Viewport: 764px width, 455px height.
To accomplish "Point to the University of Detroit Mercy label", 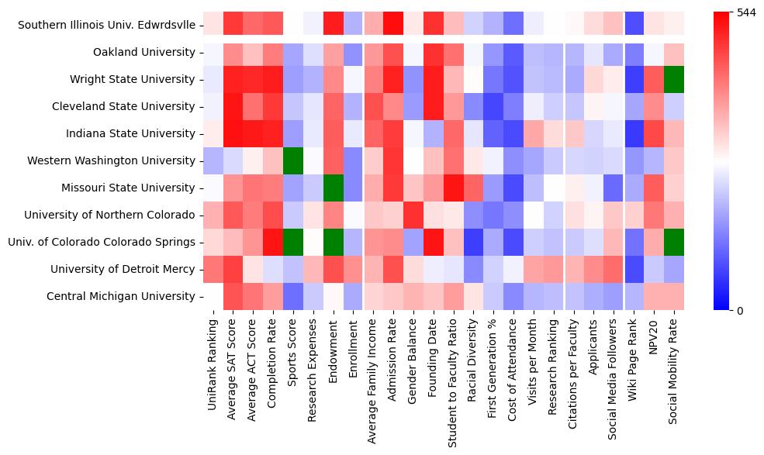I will [x=123, y=269].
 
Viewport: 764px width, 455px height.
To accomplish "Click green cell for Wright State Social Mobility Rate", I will [x=676, y=80].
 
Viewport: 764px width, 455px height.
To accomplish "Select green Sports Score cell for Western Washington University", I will [x=293, y=160].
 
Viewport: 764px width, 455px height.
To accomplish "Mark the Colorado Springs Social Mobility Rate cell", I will [x=676, y=242].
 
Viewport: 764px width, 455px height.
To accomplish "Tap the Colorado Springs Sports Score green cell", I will [x=293, y=242].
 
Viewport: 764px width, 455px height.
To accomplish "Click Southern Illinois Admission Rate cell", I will [x=394, y=26].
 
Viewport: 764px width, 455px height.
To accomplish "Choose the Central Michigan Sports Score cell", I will [x=293, y=296].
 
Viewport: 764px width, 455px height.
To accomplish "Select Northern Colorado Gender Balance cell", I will [x=414, y=215].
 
